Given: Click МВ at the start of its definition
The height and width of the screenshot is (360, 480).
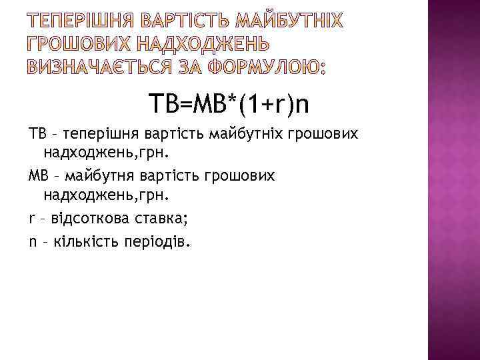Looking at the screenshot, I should [38, 175].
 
